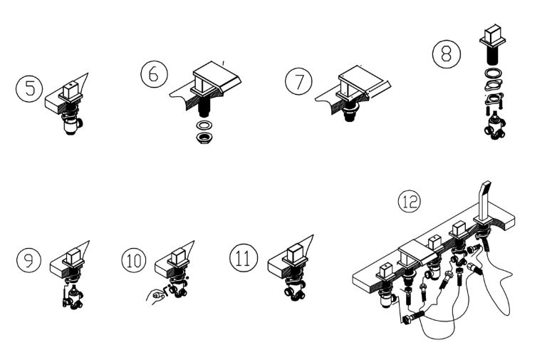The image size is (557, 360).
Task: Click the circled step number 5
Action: pos(29,88)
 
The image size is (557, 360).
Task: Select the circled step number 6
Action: pos(154,74)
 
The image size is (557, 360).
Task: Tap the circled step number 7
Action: pos(298,81)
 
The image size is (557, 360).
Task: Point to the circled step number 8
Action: pos(447,54)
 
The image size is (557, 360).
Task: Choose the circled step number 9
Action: pos(29,260)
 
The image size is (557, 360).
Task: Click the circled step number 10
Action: pos(134,260)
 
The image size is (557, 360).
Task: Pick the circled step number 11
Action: pos(244,258)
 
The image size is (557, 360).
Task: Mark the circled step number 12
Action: pos(410,202)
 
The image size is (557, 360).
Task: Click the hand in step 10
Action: pos(155,296)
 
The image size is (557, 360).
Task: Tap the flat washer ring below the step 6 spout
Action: pos(204,125)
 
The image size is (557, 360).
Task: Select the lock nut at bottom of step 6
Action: pos(204,138)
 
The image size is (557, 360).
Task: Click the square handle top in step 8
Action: pos(493,35)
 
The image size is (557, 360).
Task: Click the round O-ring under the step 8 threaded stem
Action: pos(494,73)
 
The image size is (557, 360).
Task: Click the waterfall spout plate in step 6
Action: pos(218,77)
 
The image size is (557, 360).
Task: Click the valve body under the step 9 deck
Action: pos(73,297)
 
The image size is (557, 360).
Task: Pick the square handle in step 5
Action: pos(71,91)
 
